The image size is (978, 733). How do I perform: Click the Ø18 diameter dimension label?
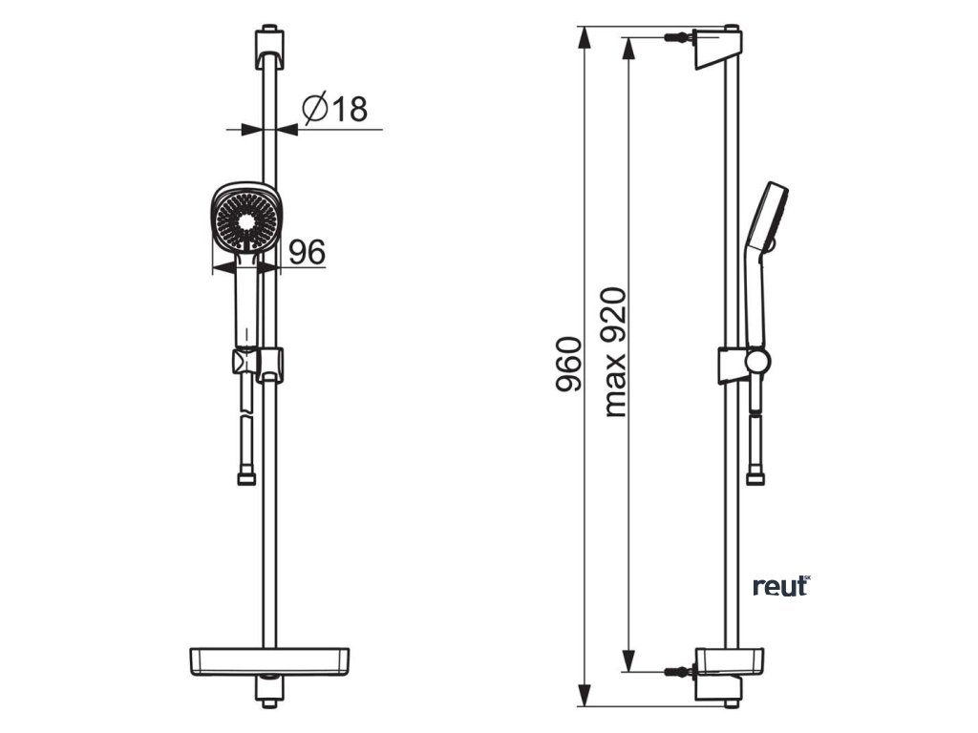[335, 109]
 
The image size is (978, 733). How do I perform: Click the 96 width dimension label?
[307, 253]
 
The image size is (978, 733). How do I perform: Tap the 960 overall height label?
[569, 364]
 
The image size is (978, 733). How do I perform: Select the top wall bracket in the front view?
[269, 48]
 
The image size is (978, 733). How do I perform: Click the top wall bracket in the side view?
[716, 48]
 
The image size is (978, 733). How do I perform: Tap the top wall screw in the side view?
[678, 39]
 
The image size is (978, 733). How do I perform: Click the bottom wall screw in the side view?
[678, 672]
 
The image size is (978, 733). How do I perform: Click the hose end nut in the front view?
[245, 476]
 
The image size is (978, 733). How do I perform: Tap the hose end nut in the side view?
[755, 475]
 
